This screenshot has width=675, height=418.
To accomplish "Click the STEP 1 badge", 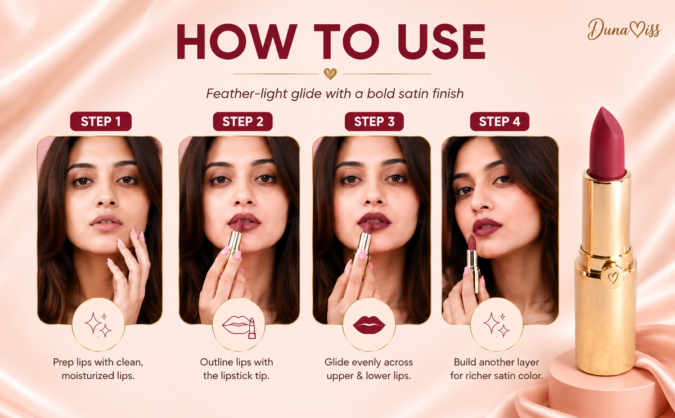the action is point(101,122).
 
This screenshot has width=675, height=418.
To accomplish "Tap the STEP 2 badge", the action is point(242,122).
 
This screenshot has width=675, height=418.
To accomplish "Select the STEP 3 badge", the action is point(374,122).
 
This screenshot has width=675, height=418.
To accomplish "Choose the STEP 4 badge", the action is point(499,122).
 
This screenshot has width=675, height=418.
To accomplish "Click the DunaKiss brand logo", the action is point(624,29).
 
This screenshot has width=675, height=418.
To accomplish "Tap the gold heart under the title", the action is point(330,74).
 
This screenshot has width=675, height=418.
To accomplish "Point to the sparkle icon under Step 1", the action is point(98,325).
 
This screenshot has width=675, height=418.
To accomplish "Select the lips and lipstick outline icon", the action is point(239,327).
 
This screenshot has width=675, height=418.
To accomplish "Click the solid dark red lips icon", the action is point(369,325).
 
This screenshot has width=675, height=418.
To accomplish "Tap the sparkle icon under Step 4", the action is point(496,325).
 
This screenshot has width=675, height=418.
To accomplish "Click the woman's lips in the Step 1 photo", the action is point(106,222).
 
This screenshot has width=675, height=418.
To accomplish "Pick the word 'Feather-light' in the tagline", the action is point(247,94).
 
